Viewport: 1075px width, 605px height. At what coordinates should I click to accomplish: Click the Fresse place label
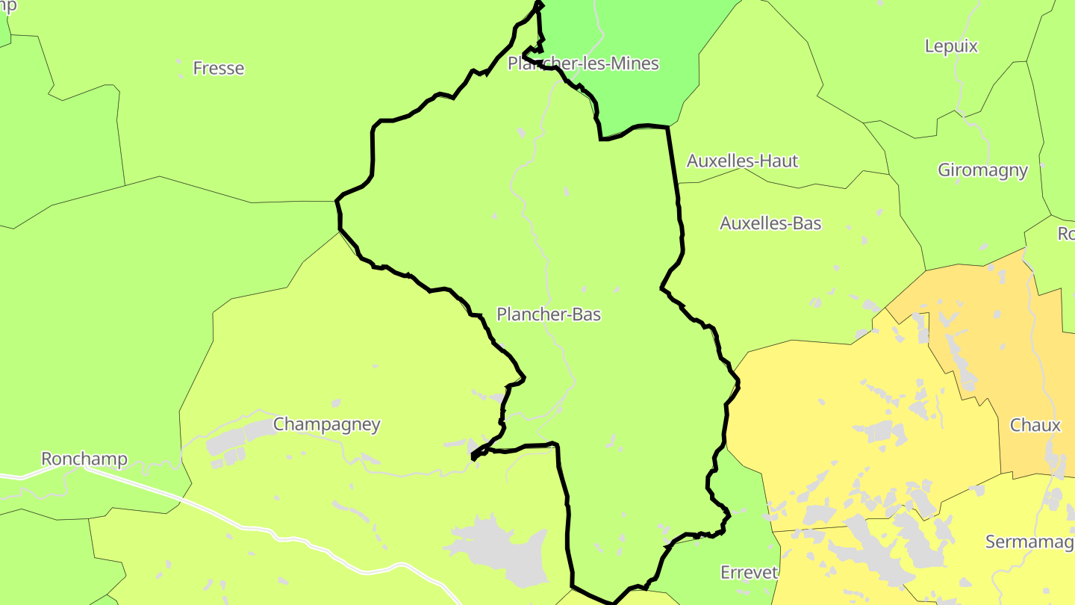click(x=218, y=68)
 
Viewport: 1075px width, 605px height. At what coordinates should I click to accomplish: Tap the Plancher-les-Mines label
click(x=583, y=63)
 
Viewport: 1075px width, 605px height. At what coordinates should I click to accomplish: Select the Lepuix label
click(x=950, y=46)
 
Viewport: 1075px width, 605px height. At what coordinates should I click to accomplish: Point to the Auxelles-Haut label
click(x=742, y=161)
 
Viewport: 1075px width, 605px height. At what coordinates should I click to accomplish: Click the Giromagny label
click(x=982, y=170)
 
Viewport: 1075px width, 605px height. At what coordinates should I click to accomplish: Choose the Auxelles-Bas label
click(x=770, y=223)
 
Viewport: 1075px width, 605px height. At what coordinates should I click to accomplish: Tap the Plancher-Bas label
click(x=549, y=314)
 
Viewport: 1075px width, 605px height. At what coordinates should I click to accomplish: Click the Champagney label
click(x=326, y=424)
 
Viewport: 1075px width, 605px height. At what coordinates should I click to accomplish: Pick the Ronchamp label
click(x=84, y=459)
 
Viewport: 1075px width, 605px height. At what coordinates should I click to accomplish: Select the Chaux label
click(x=1035, y=425)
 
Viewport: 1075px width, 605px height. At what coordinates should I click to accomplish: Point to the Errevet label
click(x=749, y=573)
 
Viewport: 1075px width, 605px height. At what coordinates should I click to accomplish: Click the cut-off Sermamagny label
click(x=1029, y=542)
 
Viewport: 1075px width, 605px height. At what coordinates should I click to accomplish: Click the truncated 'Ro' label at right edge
click(x=1066, y=234)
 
